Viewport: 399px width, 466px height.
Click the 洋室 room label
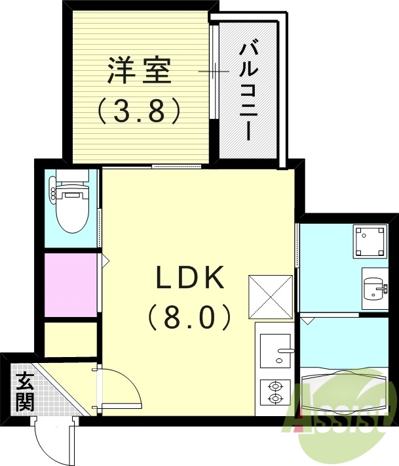coord(139,71)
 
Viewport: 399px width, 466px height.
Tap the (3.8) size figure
coord(139,111)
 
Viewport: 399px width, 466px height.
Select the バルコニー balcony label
coord(247,91)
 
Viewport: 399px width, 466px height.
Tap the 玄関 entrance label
coord(25,391)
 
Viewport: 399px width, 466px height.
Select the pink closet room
coord(70,284)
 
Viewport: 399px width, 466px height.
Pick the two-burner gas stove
coord(275,392)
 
